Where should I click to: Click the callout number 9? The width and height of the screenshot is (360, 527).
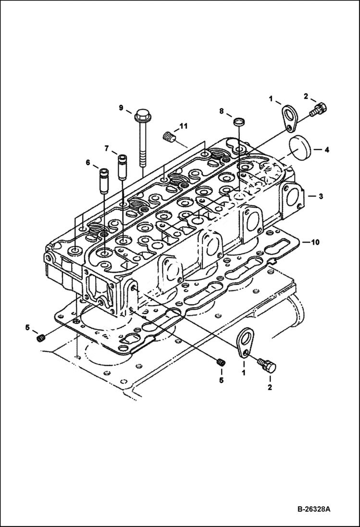coord(122,107)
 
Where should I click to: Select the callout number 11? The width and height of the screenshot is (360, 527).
coord(184,126)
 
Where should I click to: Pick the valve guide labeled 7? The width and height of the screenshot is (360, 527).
coord(123,166)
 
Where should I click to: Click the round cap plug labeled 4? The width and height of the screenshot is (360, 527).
coord(300,149)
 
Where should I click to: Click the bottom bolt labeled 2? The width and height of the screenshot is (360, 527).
coord(267,365)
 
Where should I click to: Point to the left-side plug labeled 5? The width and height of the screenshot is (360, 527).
coord(41,339)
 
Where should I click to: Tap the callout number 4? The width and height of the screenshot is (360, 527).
coord(326,150)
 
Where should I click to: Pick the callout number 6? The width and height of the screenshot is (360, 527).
coord(88,163)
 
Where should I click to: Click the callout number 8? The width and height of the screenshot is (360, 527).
coord(222,111)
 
